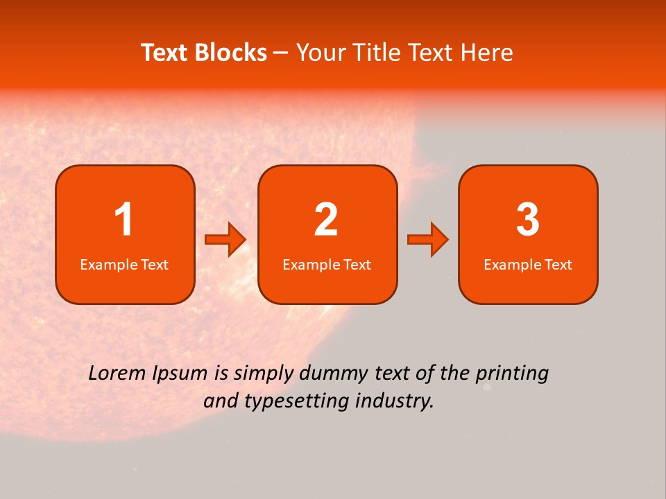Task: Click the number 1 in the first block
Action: coord(123,220)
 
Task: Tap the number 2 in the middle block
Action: coord(326,220)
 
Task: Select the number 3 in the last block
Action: coord(528,220)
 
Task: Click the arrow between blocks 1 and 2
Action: coord(225,240)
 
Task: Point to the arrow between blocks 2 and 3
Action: coord(428,240)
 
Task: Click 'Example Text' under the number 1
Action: coord(124,265)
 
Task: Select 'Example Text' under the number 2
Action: coord(327,265)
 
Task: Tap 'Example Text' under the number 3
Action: coord(528,265)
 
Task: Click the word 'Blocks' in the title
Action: coord(230,53)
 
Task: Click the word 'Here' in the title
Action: coord(488,53)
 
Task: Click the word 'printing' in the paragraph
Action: coord(511,374)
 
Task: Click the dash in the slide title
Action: coord(281,53)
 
